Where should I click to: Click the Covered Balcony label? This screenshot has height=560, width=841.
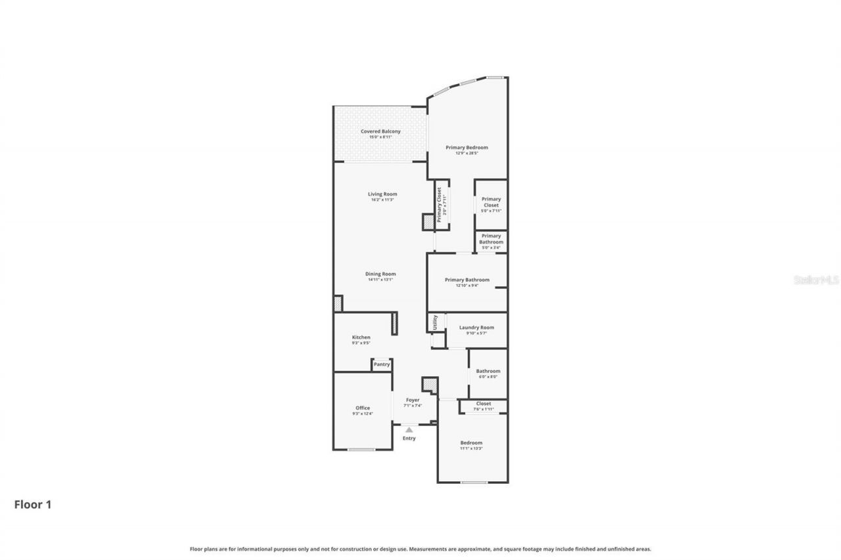380,131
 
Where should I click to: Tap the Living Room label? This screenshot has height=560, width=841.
382,194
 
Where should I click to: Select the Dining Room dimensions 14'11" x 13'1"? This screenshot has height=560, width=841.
380,280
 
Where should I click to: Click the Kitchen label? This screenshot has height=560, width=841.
361,337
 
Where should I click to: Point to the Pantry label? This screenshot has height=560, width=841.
382,364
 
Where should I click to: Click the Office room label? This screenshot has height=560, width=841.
363,408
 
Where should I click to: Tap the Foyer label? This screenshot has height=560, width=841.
413,400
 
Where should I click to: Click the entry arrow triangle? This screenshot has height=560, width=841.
409,430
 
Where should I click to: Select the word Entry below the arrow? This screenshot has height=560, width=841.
409,439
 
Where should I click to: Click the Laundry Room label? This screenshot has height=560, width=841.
476,327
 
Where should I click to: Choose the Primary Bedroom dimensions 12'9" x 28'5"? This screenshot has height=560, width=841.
467,154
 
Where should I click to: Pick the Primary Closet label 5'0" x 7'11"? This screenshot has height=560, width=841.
491,204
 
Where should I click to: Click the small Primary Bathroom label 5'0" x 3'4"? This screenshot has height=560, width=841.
491,242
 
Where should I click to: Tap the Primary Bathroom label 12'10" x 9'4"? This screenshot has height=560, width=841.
467,280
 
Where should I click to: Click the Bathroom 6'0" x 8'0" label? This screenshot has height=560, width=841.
488,371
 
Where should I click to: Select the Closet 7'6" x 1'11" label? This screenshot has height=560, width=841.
484,404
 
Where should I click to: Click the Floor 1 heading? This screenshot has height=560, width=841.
33,505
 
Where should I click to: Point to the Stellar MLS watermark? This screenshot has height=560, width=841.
817,280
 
